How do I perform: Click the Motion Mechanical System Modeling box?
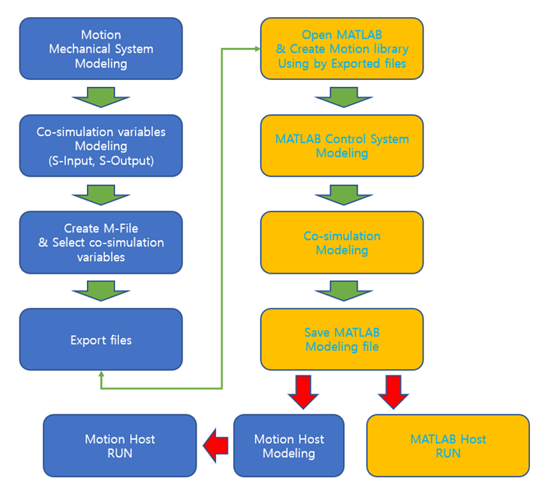coord(101,48)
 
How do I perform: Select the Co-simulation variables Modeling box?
coord(101,145)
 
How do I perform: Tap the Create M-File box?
coord(101,243)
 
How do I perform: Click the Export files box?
coord(101,340)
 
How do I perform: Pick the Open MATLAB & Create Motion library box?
coord(342,48)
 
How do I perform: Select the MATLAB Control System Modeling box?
coord(342,145)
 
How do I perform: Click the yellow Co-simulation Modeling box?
coord(342,243)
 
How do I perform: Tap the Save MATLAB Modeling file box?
coord(342,339)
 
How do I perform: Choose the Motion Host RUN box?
coord(120,445)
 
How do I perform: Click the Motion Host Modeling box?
coord(289,445)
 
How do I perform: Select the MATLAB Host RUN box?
coord(448,445)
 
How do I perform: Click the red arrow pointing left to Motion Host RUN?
coord(215,445)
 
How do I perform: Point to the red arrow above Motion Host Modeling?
coord(304,391)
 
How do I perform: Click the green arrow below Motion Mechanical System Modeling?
coord(101,97)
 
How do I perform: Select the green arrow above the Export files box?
coord(101,291)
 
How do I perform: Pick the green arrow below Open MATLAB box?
coord(342,97)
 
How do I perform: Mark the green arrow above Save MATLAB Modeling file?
coord(342,291)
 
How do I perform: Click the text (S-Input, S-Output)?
coord(101,161)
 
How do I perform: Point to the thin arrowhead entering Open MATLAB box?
coord(256,48)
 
